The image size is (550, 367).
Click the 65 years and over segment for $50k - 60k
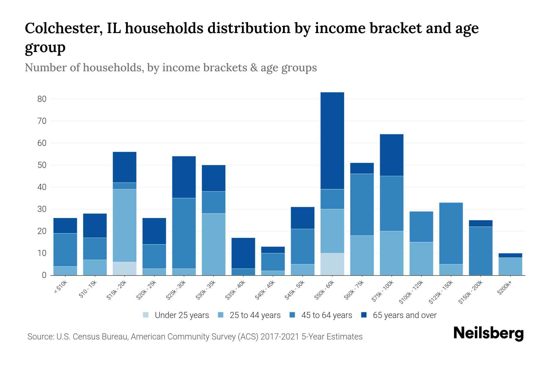[x=332, y=141]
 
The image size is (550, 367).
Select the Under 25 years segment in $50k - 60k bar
[x=332, y=264]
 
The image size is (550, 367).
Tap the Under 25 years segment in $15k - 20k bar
[x=125, y=269]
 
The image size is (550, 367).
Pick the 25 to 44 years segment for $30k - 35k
[x=214, y=244]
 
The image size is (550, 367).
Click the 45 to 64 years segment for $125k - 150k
[x=451, y=233]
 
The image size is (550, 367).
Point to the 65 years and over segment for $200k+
[x=510, y=255]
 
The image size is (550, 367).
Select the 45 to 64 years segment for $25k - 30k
[x=184, y=233]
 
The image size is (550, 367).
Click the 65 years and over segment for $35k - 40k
[x=243, y=253]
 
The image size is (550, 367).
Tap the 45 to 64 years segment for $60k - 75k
[x=362, y=205]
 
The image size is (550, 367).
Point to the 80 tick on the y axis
[x=42, y=99]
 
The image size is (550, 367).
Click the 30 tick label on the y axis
[x=42, y=209]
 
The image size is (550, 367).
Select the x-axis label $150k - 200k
[x=471, y=292]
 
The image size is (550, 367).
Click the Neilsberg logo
[x=488, y=333]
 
